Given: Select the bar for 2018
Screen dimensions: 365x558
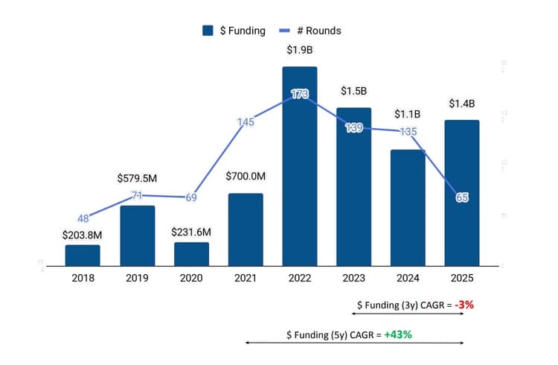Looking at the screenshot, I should coord(83,255).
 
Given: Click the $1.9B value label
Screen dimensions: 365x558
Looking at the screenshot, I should coord(300,51).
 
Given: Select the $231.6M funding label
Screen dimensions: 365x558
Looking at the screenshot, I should coord(191,232).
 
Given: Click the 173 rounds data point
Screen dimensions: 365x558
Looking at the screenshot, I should coord(300,95).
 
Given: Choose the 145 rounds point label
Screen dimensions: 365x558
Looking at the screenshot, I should coord(246,121).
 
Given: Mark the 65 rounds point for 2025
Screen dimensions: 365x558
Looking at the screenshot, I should coord(462,198).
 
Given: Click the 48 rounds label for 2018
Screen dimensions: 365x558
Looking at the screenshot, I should coord(83,219).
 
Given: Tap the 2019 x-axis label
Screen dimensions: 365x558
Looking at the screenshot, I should coord(137,278).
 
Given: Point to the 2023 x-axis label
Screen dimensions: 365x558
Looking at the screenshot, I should coord(354,278).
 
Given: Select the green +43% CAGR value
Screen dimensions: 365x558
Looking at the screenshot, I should coord(398,334).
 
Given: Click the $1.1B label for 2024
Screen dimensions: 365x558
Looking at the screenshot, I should coord(407,114).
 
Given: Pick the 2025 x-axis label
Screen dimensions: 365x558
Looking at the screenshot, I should coord(462,278).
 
